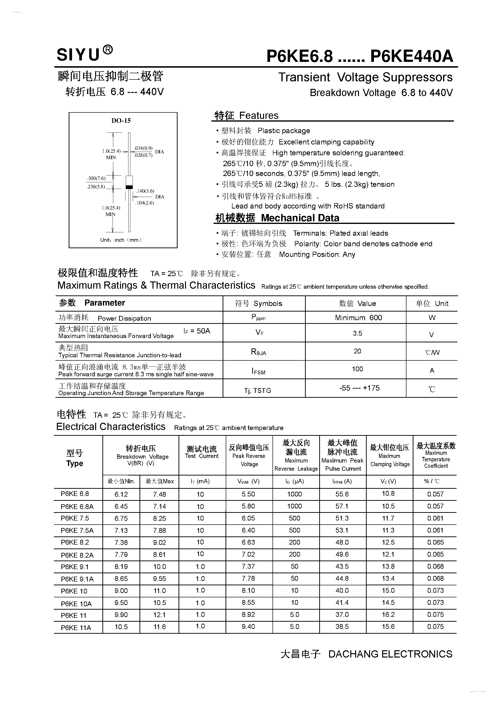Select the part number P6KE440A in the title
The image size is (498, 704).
(x=412, y=56)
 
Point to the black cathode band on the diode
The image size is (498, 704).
(x=129, y=187)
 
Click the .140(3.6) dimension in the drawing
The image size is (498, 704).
(x=145, y=191)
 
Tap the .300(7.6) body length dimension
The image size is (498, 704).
(x=96, y=178)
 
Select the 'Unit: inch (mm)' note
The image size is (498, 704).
(x=121, y=240)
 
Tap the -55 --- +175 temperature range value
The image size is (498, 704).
(x=359, y=388)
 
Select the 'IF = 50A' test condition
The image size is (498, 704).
(x=197, y=331)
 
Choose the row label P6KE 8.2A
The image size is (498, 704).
(x=77, y=555)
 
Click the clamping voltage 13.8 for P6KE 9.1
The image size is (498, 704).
(x=388, y=566)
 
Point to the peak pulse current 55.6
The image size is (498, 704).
(x=342, y=494)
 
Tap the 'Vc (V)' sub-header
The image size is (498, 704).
(x=388, y=481)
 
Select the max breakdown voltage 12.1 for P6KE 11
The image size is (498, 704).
(x=159, y=614)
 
